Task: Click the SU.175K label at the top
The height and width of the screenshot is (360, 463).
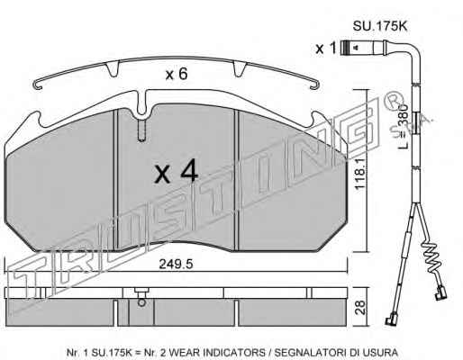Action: (380, 26)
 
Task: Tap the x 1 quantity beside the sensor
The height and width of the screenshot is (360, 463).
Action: (325, 48)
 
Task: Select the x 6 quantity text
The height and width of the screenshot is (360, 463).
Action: (177, 74)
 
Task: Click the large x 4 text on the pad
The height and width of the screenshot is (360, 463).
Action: (177, 172)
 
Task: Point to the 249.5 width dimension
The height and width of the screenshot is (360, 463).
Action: (176, 265)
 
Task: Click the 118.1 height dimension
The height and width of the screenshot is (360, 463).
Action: (359, 174)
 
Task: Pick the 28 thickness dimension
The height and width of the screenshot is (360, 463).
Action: (361, 307)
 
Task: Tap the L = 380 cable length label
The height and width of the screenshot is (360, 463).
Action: (404, 126)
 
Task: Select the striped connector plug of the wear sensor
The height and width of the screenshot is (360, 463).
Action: (347, 48)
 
